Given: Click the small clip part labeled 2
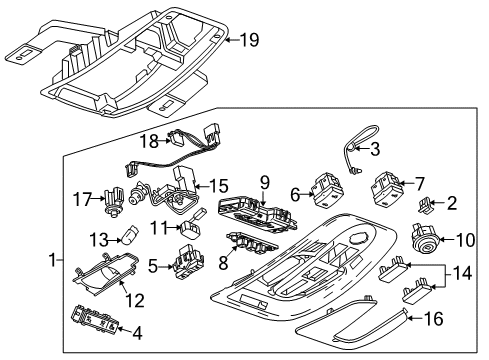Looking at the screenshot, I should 424,205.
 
